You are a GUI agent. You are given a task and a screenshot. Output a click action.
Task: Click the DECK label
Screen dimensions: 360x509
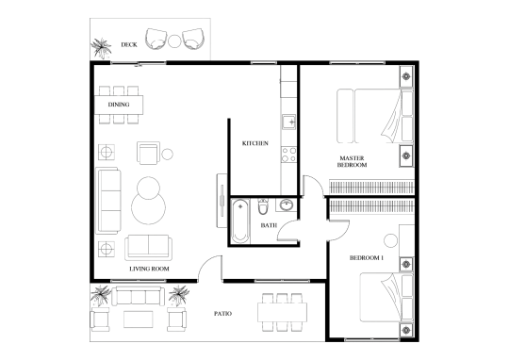pyautogui.click(x=130, y=44)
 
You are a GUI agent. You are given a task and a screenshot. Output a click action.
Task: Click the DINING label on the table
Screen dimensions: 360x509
pyautogui.click(x=118, y=104)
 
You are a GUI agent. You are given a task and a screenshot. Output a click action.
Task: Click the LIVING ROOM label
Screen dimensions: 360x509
pyautogui.click(x=148, y=268)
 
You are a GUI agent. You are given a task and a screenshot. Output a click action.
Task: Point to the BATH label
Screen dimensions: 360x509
pyautogui.click(x=268, y=227)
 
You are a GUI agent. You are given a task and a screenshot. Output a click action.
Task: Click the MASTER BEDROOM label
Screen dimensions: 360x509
pyautogui.click(x=353, y=160)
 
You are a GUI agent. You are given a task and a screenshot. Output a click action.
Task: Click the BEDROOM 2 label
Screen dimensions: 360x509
pyautogui.click(x=366, y=257)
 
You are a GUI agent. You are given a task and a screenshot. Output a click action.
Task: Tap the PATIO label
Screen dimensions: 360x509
pyautogui.click(x=222, y=313)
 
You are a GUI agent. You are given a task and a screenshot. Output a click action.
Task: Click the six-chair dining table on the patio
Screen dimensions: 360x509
pyautogui.click(x=280, y=312)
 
